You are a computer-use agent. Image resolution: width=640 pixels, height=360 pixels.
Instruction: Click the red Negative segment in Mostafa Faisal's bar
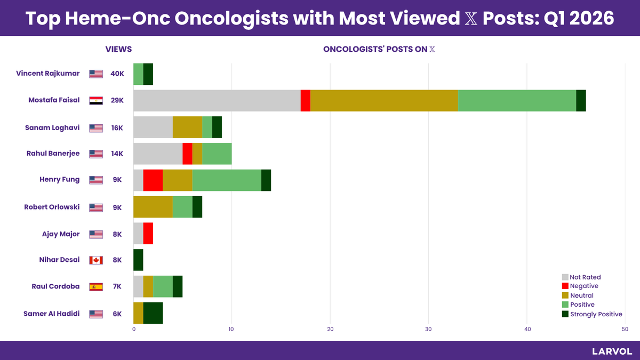(x=305, y=100)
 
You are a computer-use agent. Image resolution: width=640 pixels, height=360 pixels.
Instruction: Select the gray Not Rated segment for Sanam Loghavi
(x=153, y=127)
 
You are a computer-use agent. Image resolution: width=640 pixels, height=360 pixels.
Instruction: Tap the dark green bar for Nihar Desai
(x=138, y=260)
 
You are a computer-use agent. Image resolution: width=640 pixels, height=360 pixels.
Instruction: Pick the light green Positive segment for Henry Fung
(x=227, y=180)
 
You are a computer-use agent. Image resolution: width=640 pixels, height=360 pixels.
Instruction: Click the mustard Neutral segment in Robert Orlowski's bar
(x=153, y=206)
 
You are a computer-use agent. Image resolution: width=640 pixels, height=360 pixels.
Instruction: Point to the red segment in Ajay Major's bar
(x=148, y=233)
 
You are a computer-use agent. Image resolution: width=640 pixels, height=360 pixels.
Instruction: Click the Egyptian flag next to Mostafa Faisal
(x=96, y=100)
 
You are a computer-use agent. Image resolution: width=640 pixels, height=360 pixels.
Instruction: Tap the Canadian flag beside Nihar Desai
(x=96, y=260)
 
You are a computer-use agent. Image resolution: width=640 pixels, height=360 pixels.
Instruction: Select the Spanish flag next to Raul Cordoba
(x=96, y=286)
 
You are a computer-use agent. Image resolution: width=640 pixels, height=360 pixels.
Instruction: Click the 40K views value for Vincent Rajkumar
(x=117, y=74)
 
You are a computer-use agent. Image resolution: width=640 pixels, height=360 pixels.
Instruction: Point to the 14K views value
(x=117, y=154)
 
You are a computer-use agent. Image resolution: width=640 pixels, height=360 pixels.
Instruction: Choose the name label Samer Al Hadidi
(x=51, y=314)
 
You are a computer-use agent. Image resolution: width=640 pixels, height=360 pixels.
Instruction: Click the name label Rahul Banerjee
(x=53, y=154)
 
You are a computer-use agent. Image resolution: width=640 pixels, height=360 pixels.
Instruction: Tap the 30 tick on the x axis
(x=428, y=329)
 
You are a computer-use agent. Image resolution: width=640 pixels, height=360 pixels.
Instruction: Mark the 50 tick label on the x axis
(x=625, y=329)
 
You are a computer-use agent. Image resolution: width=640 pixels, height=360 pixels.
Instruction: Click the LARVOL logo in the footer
(x=612, y=351)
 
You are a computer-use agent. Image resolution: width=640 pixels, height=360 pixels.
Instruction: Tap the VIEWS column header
(x=118, y=50)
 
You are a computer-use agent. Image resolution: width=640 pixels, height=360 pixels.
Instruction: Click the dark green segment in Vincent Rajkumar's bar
(x=148, y=74)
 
